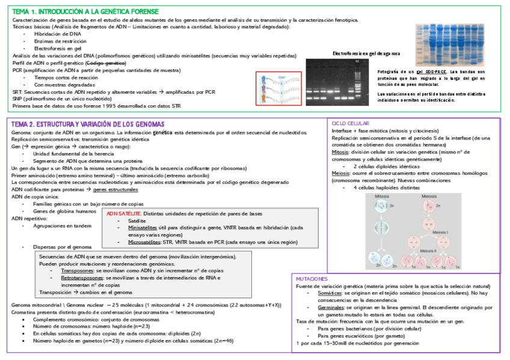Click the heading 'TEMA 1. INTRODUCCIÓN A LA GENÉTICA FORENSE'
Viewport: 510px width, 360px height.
point(85,11)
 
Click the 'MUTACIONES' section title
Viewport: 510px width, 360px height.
point(312,279)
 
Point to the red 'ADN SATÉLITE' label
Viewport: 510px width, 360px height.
point(124,213)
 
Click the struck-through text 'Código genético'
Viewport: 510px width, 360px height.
point(106,63)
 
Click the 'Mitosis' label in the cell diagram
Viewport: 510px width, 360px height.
point(382,197)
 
